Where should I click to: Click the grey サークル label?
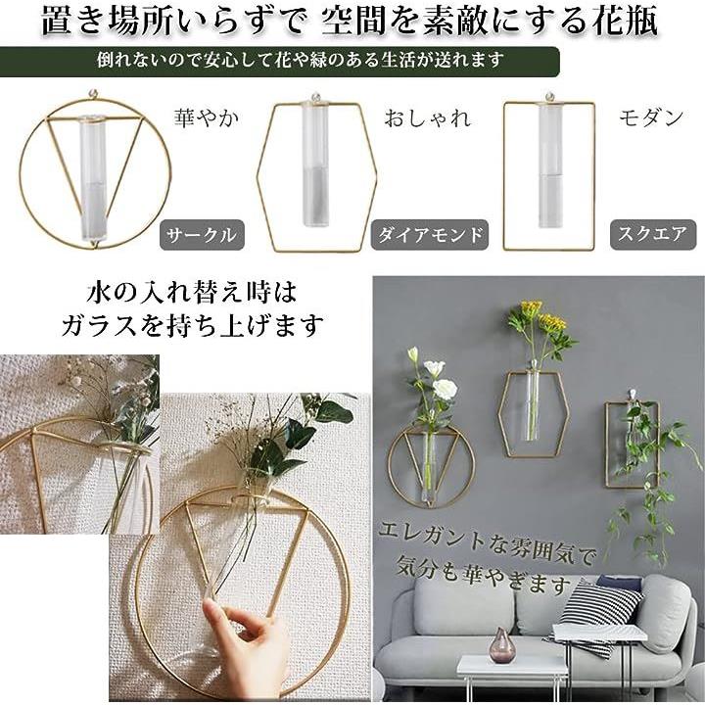(203, 235)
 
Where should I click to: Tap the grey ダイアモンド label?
(430, 235)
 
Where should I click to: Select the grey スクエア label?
(653, 235)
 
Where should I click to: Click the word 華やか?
(207, 118)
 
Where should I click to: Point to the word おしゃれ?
(428, 118)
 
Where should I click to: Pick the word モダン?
(651, 118)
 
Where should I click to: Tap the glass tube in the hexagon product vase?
(314, 164)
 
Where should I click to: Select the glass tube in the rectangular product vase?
(550, 164)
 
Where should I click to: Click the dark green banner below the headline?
(279, 61)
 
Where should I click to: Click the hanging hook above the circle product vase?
(95, 95)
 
